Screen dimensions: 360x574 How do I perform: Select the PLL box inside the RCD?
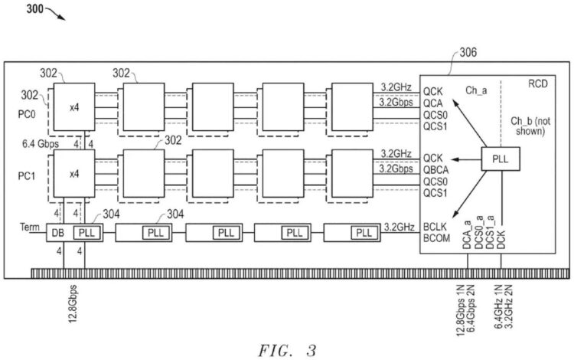point(500,159)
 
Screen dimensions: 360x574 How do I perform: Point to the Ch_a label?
point(479,90)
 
